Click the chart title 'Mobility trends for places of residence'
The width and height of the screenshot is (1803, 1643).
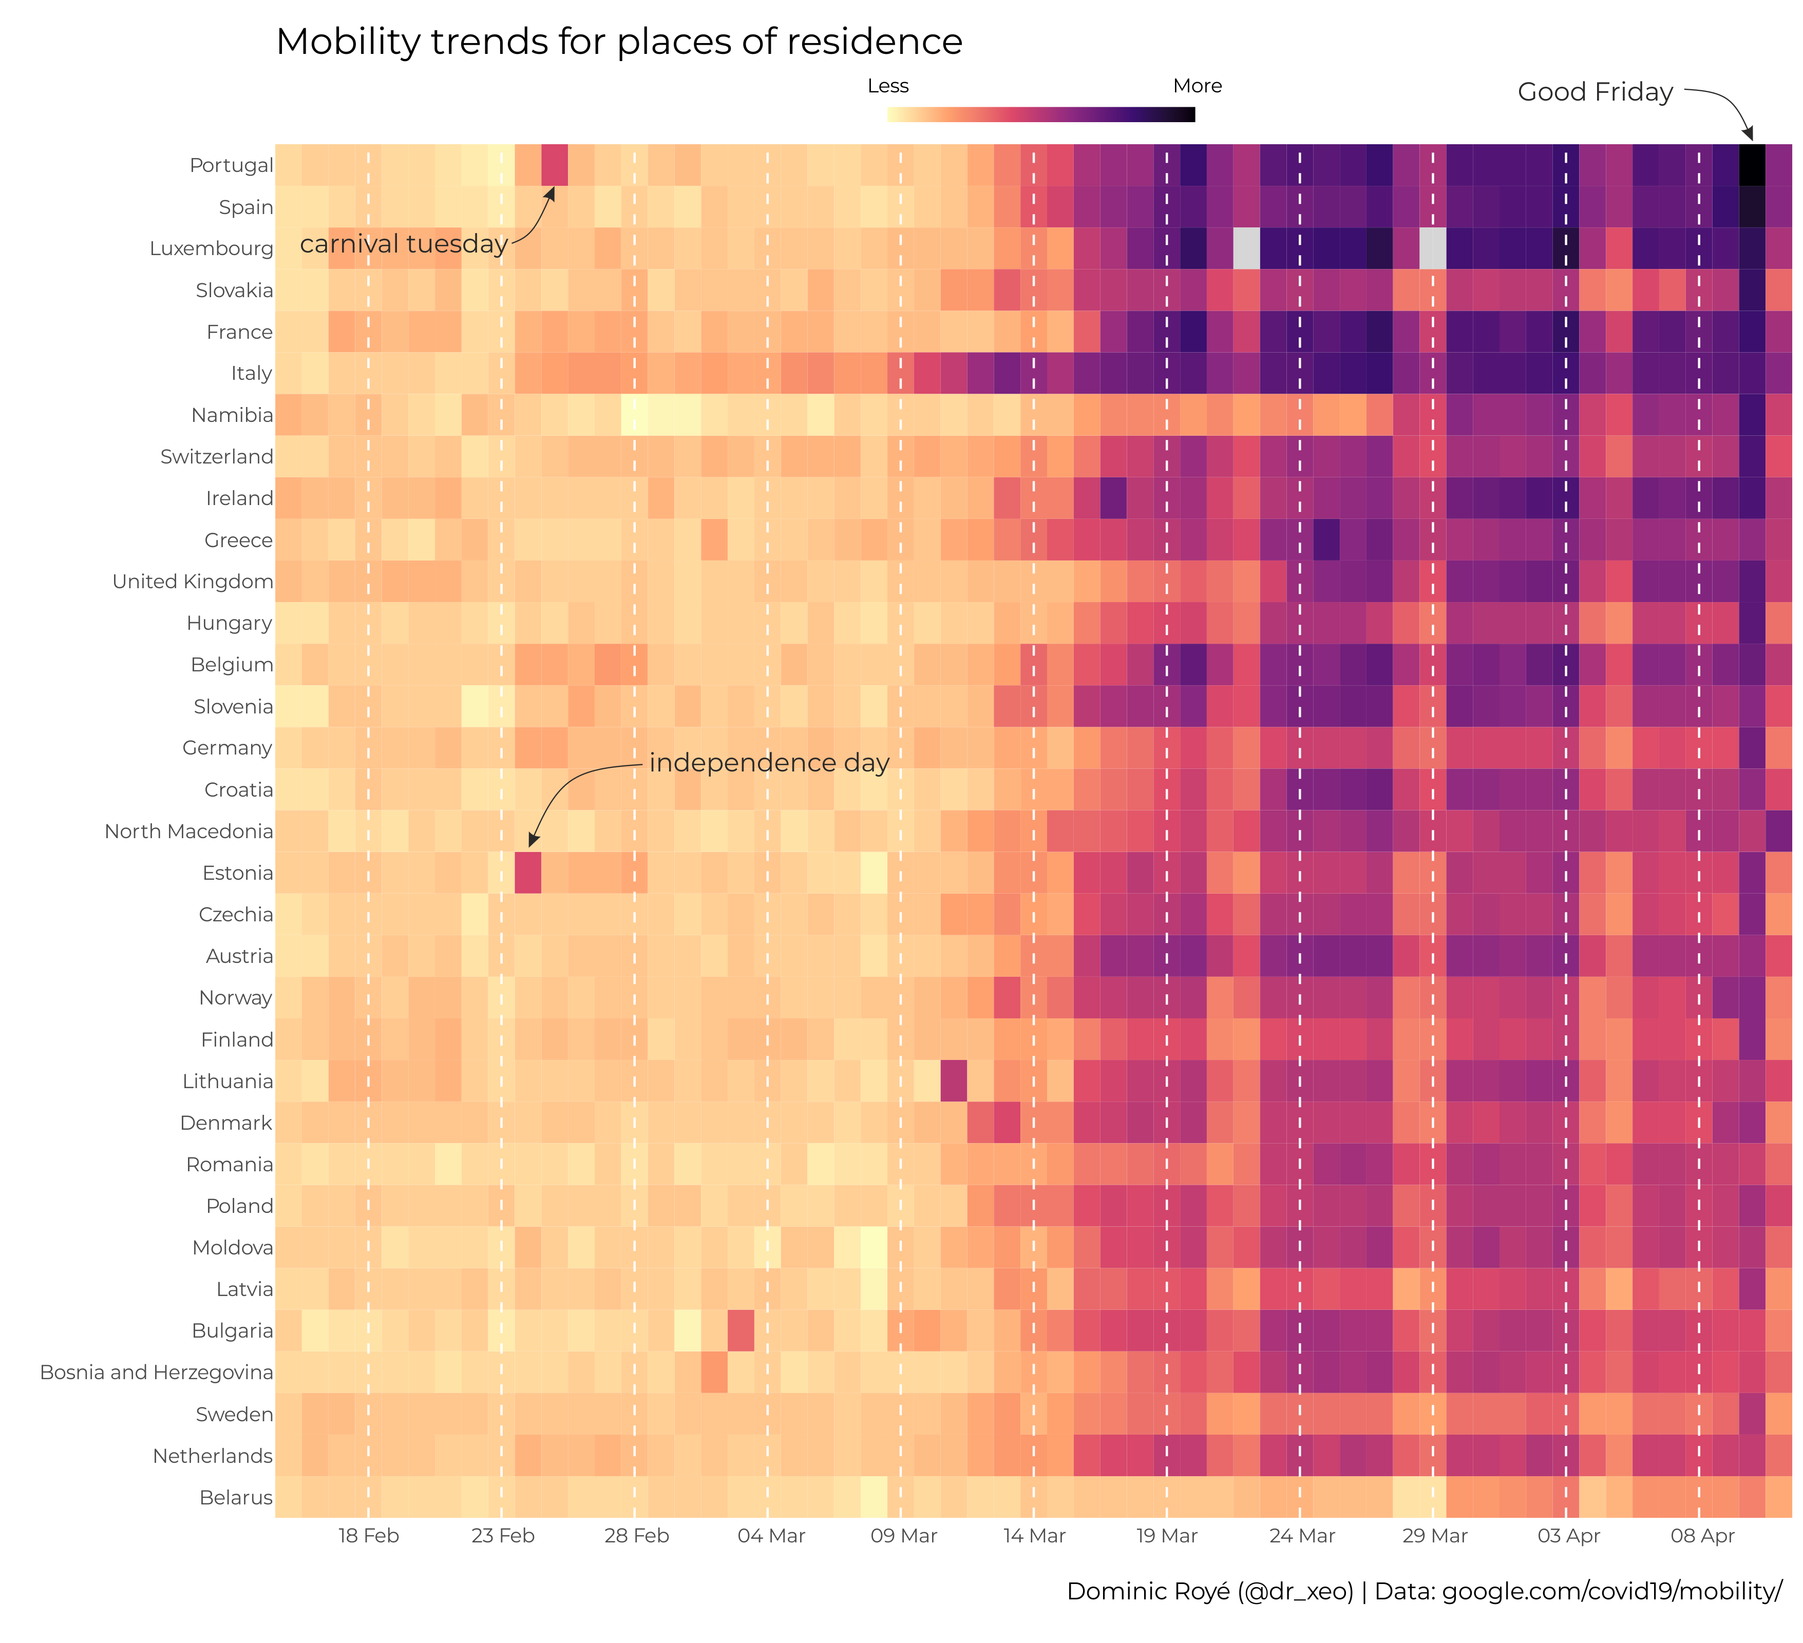(619, 42)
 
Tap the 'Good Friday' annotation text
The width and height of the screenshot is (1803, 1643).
(1595, 92)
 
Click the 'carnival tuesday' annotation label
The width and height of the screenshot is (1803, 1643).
(403, 244)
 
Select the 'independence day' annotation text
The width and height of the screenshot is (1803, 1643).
(769, 763)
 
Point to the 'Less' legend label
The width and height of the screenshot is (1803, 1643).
(888, 86)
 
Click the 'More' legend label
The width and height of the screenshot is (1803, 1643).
(1197, 86)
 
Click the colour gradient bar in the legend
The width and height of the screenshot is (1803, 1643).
(1041, 114)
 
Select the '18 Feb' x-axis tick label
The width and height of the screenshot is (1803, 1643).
(369, 1536)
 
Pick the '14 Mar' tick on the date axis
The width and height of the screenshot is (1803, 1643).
(1034, 1536)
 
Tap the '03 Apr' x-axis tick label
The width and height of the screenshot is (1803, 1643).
(1568, 1536)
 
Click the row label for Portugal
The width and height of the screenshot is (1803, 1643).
(231, 165)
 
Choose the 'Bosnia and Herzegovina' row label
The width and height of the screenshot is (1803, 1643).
(157, 1372)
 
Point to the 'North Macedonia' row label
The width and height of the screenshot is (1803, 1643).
(188, 832)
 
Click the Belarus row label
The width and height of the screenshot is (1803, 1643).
(236, 1497)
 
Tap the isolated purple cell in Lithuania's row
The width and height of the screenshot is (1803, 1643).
(954, 1081)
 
